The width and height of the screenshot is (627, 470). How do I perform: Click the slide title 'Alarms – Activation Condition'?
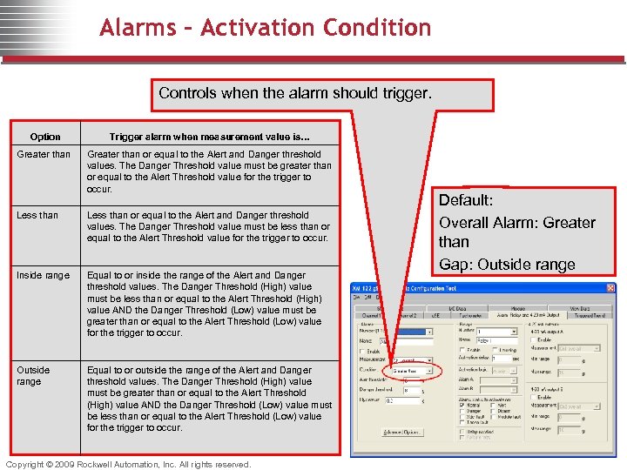266,28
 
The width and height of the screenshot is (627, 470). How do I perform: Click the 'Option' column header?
45,137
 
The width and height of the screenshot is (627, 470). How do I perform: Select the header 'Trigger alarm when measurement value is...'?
209,137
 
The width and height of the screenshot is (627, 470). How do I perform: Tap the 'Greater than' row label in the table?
44,155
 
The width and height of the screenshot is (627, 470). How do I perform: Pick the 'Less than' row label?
37,215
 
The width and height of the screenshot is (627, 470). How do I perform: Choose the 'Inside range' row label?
44,276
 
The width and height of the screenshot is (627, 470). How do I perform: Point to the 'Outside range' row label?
34,375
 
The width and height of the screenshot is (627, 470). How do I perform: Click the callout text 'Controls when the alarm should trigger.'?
294,93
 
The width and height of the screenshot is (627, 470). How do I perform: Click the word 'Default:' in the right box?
466,200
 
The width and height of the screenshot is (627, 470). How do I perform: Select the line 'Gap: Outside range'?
507,265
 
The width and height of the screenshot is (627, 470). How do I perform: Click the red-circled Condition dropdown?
409,371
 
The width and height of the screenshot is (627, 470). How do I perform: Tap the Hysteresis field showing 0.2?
402,401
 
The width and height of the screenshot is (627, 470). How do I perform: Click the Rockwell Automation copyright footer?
128,464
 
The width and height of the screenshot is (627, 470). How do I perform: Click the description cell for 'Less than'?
209,226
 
